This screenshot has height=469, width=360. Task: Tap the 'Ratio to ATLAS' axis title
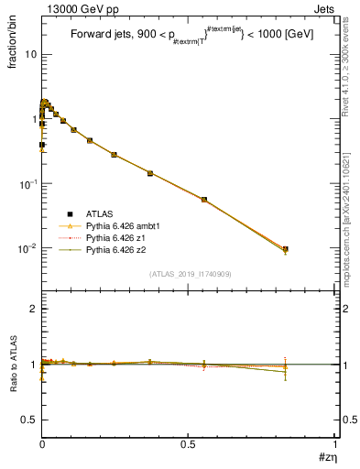(x=12, y=364)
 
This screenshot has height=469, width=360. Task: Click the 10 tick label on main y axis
(x=30, y=54)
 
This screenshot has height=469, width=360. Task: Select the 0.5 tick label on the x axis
(x=188, y=443)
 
